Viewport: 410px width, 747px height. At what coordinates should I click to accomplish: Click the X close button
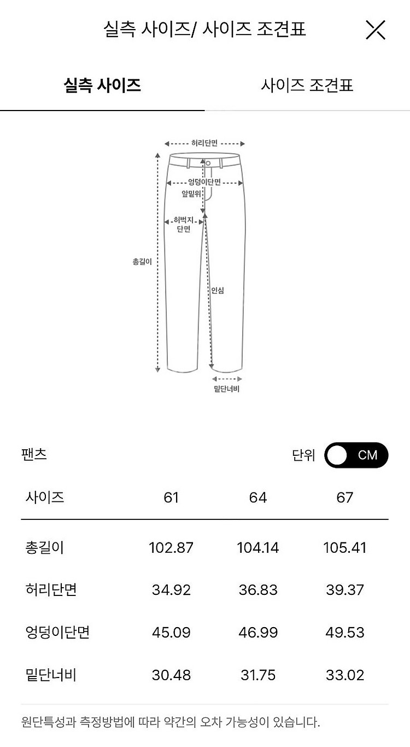(376, 30)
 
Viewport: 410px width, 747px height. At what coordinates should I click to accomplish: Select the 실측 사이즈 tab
(102, 85)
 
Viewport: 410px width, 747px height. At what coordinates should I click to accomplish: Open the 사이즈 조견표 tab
(307, 85)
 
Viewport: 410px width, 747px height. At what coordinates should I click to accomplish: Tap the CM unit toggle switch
(356, 455)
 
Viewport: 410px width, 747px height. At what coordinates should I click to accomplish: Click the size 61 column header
(171, 497)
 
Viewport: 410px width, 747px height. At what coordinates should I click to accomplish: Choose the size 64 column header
(258, 497)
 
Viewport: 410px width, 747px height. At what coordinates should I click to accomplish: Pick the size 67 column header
(345, 497)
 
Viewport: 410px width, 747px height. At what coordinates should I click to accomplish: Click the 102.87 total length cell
(171, 548)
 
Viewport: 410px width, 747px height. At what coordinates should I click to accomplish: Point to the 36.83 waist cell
(258, 590)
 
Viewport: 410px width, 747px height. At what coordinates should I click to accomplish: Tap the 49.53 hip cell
(345, 632)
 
